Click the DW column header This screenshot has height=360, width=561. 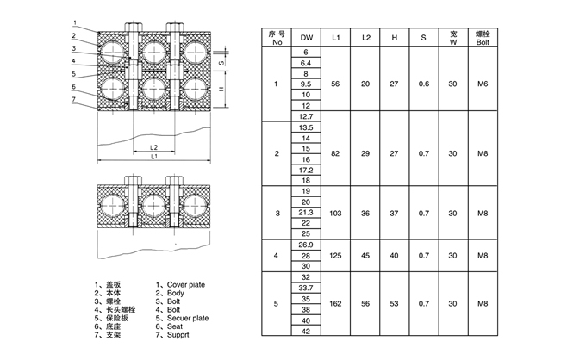[305, 38]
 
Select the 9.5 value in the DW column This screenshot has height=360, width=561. [305, 84]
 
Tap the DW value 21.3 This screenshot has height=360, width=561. [305, 212]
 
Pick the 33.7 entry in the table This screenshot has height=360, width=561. [305, 288]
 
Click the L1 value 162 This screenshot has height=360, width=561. [335, 304]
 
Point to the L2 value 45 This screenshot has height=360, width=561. [365, 255]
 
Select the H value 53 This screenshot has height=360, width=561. [395, 304]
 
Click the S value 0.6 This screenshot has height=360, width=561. [423, 84]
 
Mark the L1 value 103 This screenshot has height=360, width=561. [335, 212]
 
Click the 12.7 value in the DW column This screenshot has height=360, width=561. [305, 116]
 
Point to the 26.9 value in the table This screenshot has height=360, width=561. [305, 245]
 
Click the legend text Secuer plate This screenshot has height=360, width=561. [188, 318]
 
